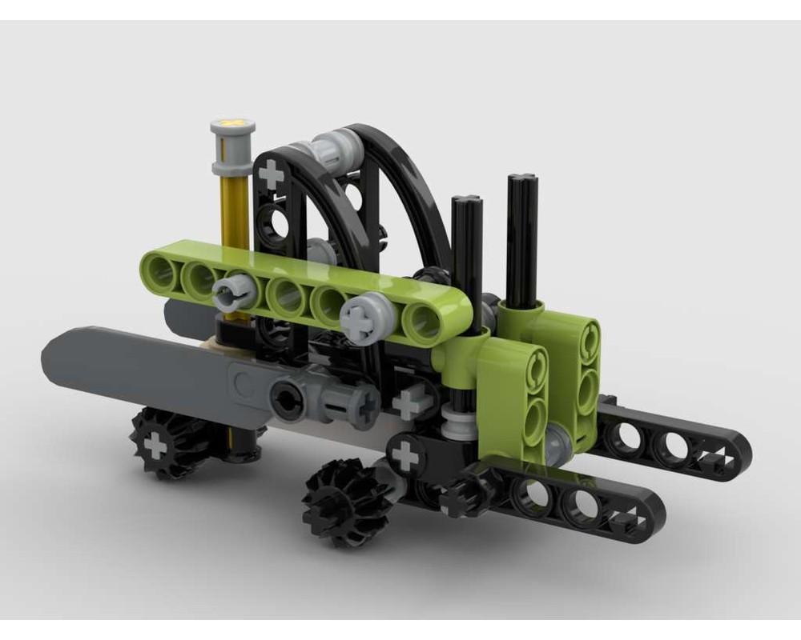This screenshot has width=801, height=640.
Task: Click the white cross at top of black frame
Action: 272,174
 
